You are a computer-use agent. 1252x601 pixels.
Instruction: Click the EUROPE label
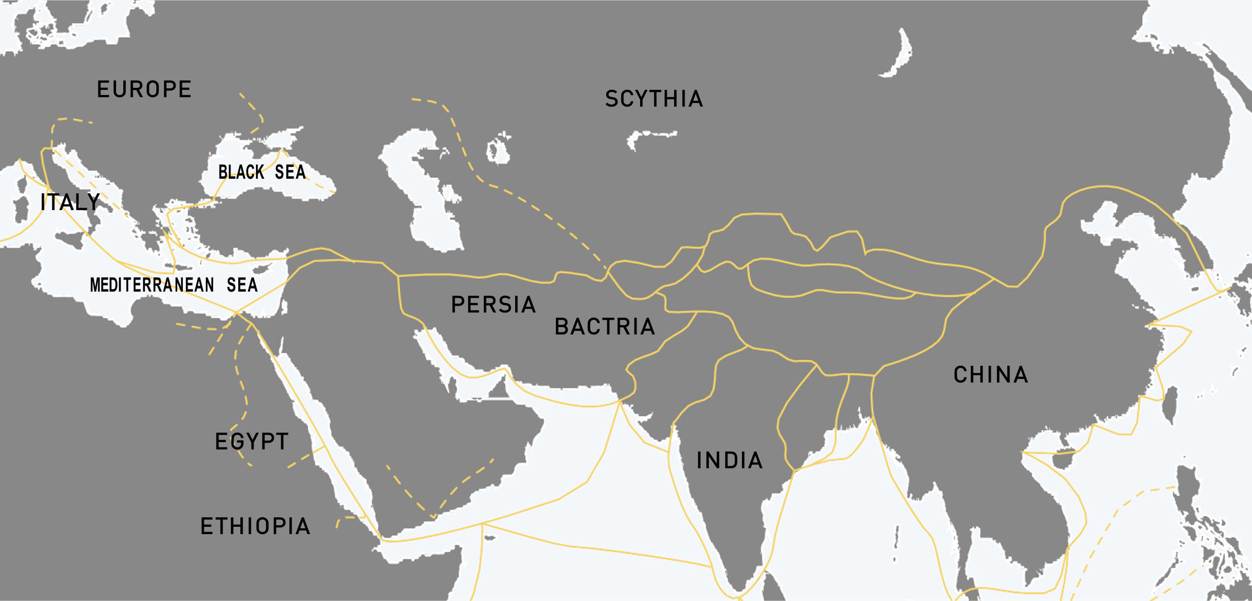click(144, 89)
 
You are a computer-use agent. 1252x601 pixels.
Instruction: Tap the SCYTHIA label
click(654, 99)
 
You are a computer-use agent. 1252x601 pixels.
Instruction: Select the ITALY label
click(70, 202)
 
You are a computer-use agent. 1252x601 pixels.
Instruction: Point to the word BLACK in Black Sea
click(241, 172)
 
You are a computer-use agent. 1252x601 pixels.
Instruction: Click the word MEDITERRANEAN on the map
click(152, 285)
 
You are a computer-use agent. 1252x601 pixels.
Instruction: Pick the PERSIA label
click(493, 305)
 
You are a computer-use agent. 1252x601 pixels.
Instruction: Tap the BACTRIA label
click(605, 327)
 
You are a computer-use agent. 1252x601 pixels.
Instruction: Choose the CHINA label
click(991, 375)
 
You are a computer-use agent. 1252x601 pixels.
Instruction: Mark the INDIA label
click(729, 460)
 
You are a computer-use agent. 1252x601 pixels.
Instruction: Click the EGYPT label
click(252, 442)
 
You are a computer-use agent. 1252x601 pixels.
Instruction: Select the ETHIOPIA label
click(256, 526)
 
